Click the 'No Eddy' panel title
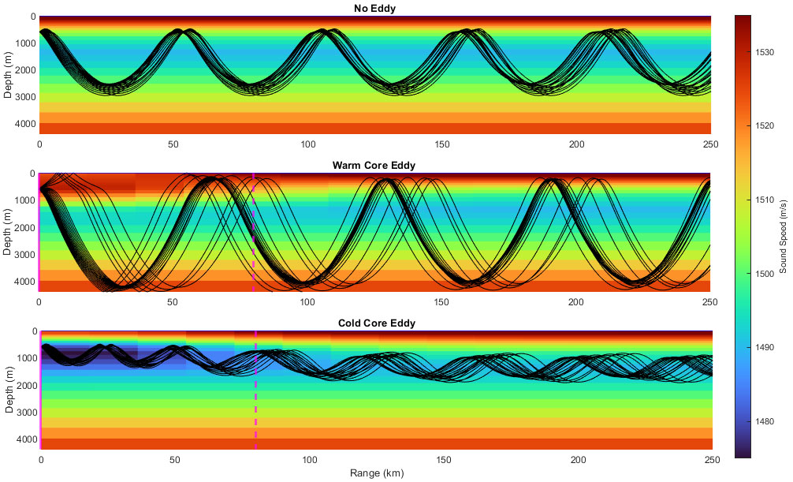(374, 9)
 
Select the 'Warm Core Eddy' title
(374, 166)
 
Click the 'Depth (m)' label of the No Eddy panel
(8, 75)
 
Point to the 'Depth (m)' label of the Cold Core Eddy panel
(8, 390)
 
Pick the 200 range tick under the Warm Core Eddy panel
(576, 302)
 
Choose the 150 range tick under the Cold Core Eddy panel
(443, 460)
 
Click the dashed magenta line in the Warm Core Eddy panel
(253, 237)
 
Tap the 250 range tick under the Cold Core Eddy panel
(711, 460)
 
